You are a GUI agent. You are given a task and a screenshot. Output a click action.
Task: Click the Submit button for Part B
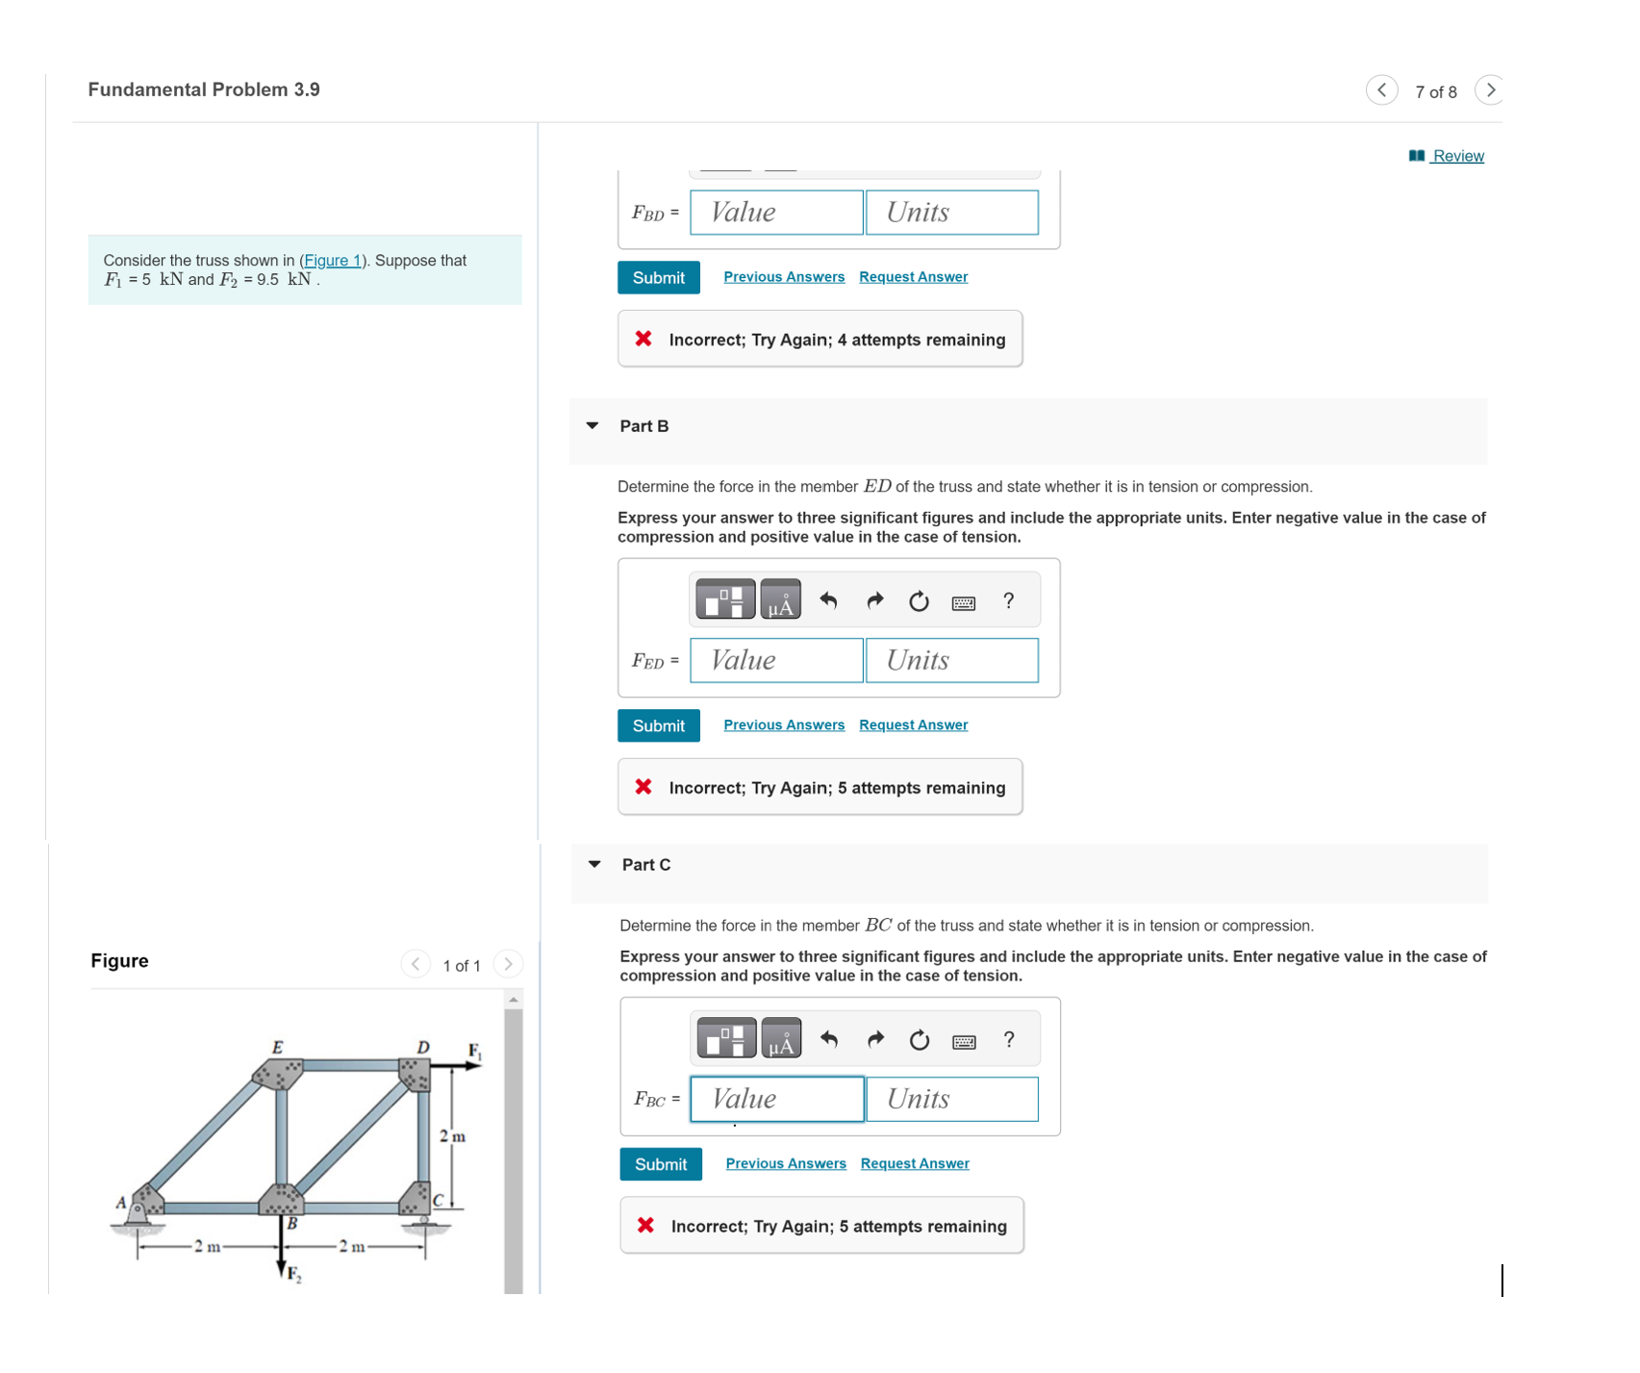(658, 725)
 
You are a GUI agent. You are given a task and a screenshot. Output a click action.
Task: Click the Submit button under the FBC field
(660, 1164)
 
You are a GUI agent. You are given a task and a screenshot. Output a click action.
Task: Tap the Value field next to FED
(776, 661)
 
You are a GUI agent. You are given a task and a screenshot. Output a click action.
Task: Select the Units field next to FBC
(951, 1099)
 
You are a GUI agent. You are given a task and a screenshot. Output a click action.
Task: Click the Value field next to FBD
(776, 213)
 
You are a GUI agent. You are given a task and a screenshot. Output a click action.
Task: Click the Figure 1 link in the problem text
(332, 261)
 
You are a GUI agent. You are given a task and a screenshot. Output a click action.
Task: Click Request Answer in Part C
(914, 1163)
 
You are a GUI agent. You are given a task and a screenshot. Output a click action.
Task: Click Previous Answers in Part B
(783, 725)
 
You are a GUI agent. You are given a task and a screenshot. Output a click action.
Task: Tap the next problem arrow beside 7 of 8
(1489, 90)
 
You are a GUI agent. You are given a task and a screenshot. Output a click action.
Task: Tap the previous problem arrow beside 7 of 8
(1381, 90)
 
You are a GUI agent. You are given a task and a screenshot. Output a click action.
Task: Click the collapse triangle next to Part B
(593, 425)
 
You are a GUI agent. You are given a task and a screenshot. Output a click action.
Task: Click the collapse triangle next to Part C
(594, 864)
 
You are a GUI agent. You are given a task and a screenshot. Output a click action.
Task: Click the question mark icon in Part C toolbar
(1008, 1039)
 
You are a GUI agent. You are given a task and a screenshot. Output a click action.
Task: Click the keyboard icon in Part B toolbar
(963, 602)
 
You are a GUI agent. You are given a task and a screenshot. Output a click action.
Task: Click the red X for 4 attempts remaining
(643, 339)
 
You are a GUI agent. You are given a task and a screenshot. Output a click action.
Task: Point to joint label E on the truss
(277, 1047)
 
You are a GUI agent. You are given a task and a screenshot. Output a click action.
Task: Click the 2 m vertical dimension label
(451, 1136)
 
